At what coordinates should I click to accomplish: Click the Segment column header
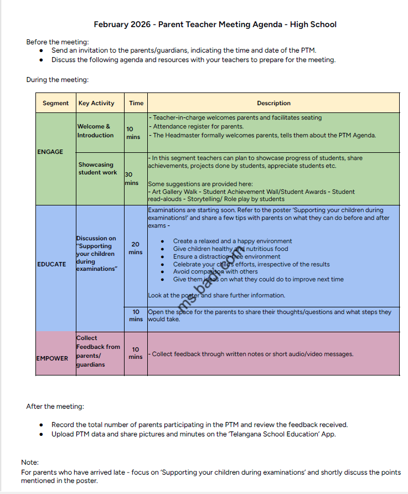55,103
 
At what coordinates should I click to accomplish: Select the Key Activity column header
96,103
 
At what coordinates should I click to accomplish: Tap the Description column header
273,103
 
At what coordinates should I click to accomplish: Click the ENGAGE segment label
50,152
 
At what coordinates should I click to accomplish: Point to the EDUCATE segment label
51,264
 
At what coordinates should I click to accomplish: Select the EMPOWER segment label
52,358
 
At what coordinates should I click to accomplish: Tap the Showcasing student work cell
97,168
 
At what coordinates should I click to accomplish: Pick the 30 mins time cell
132,178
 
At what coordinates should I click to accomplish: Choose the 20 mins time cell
136,248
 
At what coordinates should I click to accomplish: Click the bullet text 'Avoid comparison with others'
215,272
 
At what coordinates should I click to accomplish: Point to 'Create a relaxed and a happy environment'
233,241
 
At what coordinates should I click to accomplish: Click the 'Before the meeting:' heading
58,42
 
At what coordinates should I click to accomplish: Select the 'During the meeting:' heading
58,80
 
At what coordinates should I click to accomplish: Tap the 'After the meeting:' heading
55,406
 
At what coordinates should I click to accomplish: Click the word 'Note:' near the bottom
30,462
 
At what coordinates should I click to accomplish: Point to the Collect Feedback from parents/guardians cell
97,351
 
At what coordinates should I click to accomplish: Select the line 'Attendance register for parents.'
198,127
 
